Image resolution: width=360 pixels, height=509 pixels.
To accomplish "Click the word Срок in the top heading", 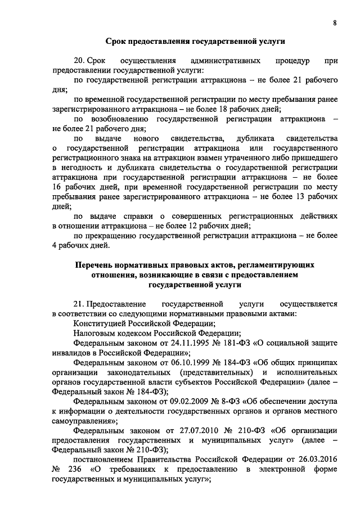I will [x=117, y=41].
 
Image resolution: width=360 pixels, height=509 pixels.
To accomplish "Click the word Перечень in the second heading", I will [x=96, y=265].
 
